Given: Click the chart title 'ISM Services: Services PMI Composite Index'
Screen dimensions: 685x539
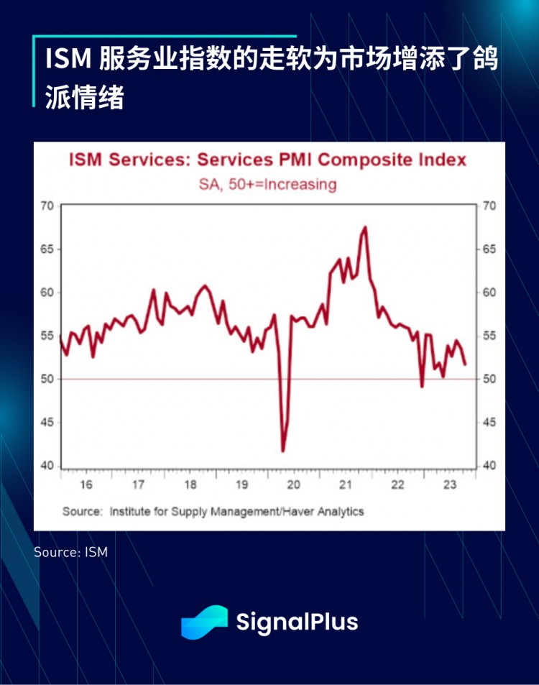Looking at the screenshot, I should (267, 160).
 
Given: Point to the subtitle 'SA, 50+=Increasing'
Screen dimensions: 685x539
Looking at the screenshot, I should (267, 184).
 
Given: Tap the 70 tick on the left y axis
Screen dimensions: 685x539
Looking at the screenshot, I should (47, 206).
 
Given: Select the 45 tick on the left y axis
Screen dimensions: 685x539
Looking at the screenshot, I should (47, 423).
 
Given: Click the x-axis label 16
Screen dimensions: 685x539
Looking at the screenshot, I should (86, 484).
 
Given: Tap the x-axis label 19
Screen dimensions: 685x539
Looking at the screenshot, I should (242, 484).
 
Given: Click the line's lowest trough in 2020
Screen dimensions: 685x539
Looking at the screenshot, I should (282, 451).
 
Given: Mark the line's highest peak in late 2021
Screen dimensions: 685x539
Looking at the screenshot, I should (365, 227).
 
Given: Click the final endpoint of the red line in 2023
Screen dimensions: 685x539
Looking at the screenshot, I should (465, 364).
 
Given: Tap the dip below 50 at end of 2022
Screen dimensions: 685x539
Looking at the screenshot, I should (422, 387).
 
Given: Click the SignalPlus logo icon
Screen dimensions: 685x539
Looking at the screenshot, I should (204, 621).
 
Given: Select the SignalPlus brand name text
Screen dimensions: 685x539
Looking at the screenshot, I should (297, 622).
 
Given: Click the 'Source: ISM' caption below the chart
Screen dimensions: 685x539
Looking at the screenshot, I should (70, 552).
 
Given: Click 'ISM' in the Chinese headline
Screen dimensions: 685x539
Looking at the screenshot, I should (68, 60).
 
